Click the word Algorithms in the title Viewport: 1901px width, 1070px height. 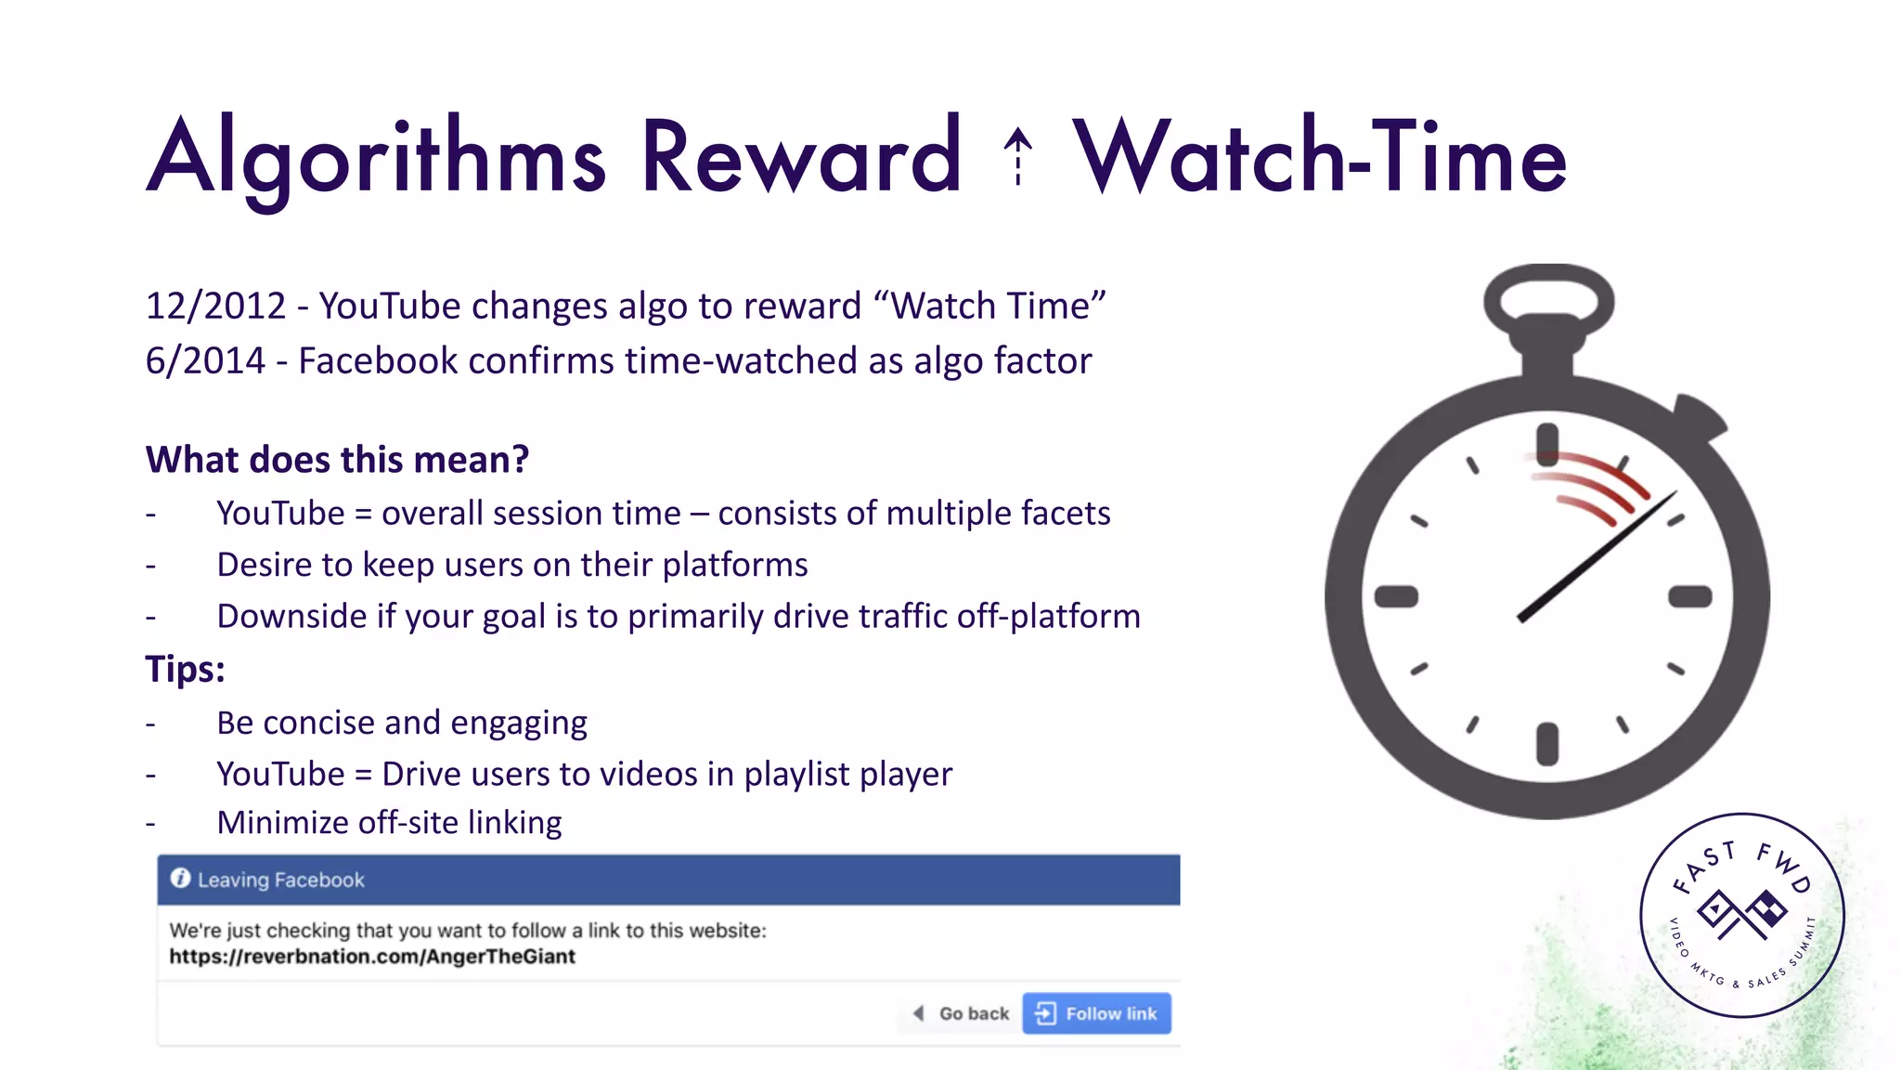(x=376, y=158)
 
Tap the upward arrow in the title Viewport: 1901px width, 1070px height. (x=1018, y=156)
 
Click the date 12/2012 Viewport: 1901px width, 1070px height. (x=215, y=307)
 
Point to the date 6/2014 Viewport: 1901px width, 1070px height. (x=205, y=361)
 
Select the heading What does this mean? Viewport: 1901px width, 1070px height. (x=337, y=460)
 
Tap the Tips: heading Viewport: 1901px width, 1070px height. (x=185, y=669)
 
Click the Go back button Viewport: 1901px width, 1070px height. (x=963, y=1013)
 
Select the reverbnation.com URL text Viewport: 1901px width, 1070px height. (x=372, y=957)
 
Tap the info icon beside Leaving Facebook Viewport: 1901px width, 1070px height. (x=180, y=879)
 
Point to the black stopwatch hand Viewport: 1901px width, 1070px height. (x=1597, y=557)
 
